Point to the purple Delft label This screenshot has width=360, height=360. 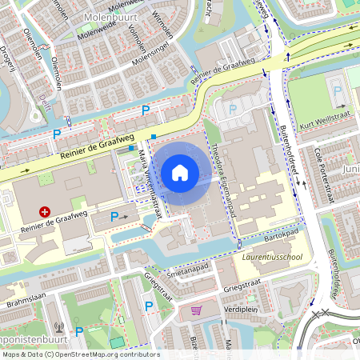(43, 100)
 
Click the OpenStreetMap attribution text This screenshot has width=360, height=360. (80, 354)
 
